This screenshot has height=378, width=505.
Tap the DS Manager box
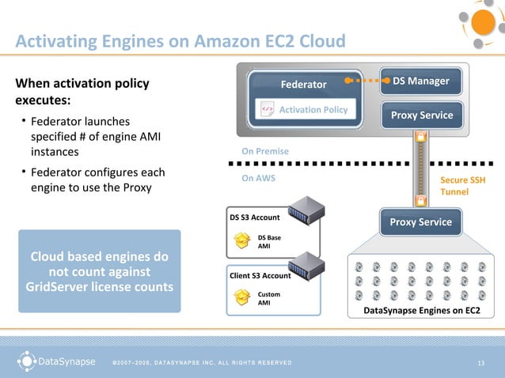tap(420, 81)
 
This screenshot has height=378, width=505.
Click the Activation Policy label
tap(313, 109)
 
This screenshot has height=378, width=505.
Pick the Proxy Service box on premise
tap(420, 115)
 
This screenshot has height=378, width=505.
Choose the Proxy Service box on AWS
tap(420, 222)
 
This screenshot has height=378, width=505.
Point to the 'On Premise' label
tap(265, 151)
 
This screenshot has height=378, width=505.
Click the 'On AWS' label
tap(258, 178)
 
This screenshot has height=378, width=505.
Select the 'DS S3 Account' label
tap(255, 217)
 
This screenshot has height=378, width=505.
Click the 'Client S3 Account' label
tap(260, 275)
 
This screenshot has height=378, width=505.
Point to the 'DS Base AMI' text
tap(269, 240)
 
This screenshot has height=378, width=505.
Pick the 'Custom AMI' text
tap(269, 297)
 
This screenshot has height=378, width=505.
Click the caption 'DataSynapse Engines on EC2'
tap(421, 311)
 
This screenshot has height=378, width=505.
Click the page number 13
tap(480, 363)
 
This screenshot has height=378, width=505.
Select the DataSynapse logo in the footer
tap(55, 362)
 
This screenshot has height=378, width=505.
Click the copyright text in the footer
tap(201, 363)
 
